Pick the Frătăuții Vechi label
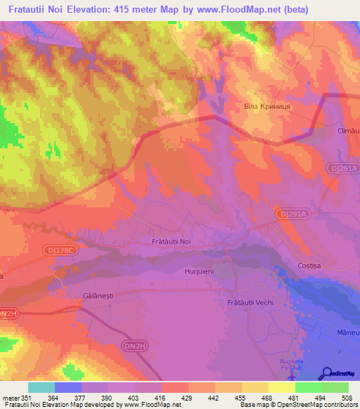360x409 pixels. tap(240, 302)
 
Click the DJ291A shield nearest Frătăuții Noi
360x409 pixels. tap(286, 212)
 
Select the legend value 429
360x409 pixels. tap(188, 399)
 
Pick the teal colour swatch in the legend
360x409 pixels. tap(41, 387)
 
